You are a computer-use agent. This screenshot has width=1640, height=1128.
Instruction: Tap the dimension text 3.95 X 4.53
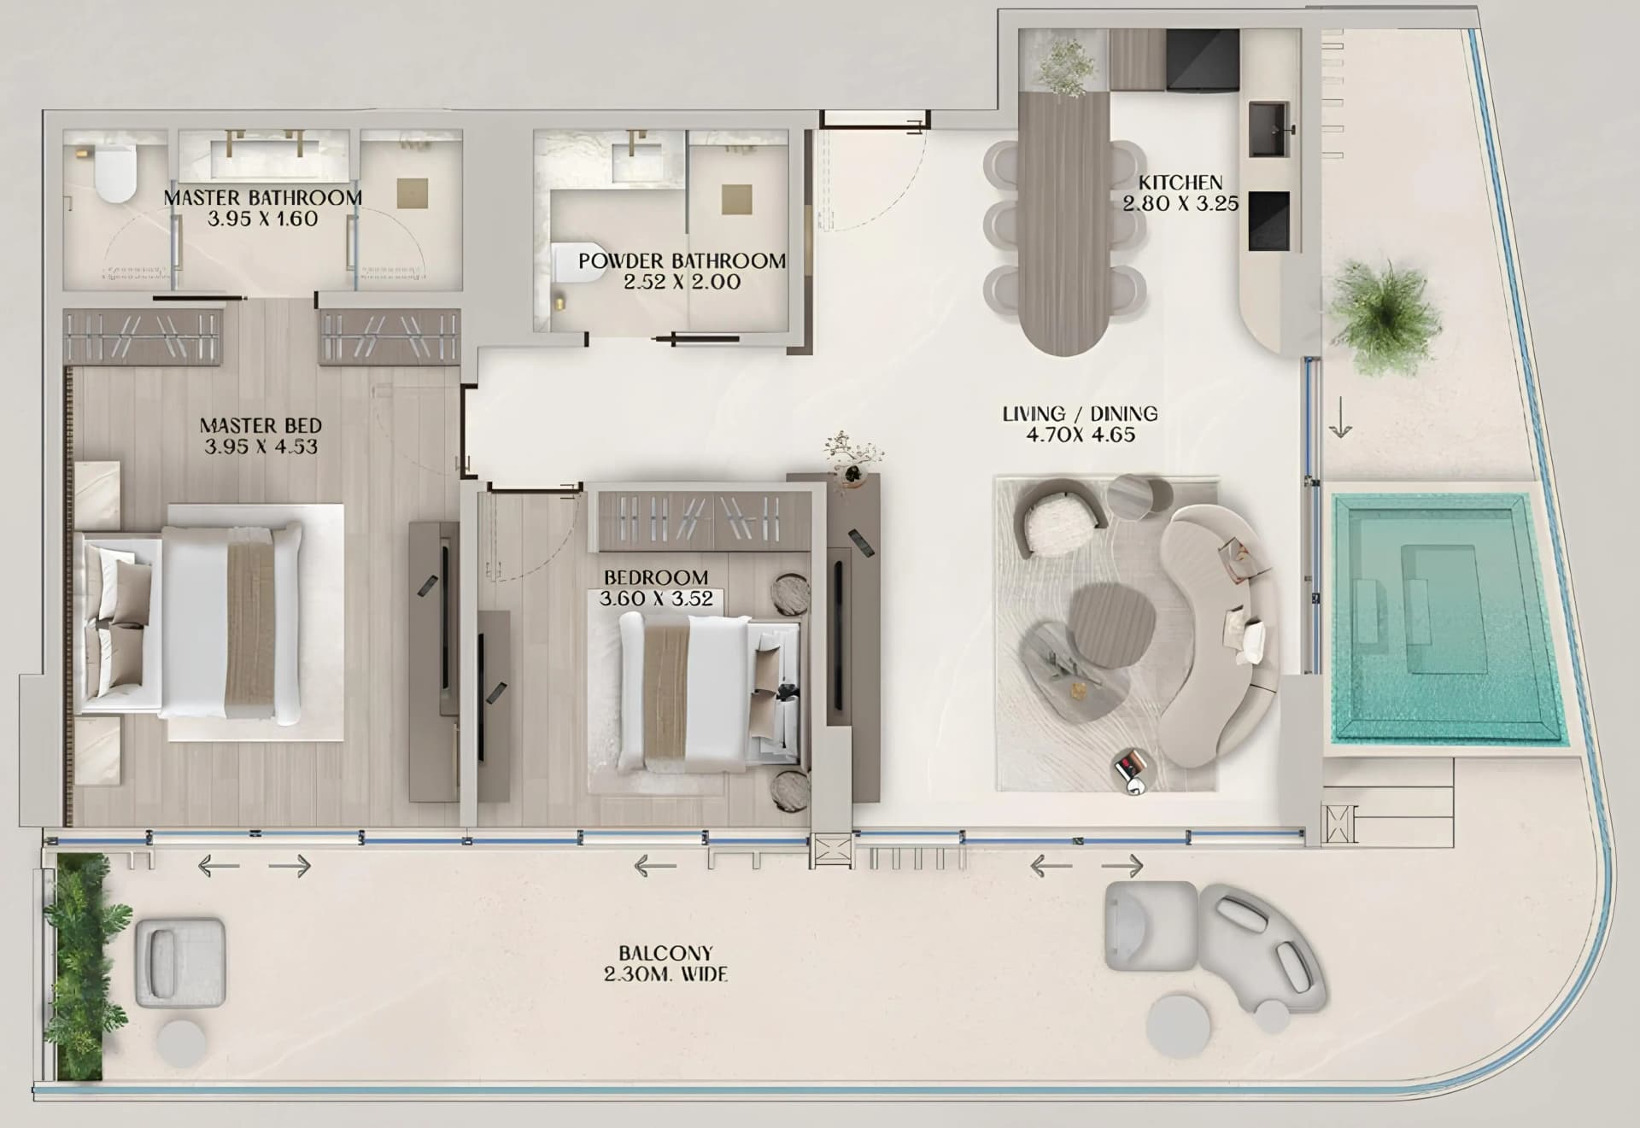pos(261,447)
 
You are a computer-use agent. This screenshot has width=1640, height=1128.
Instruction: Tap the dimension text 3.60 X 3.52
pos(656,599)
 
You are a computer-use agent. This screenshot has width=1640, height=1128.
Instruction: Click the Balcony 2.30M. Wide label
pos(666,963)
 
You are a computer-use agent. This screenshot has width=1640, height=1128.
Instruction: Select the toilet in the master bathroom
pos(114,172)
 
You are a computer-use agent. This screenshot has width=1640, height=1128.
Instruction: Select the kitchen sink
pos(1268,131)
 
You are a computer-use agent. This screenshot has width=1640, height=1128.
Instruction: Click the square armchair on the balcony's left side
pos(180,963)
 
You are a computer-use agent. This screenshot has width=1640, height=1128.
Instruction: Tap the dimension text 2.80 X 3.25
pos(1180,203)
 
